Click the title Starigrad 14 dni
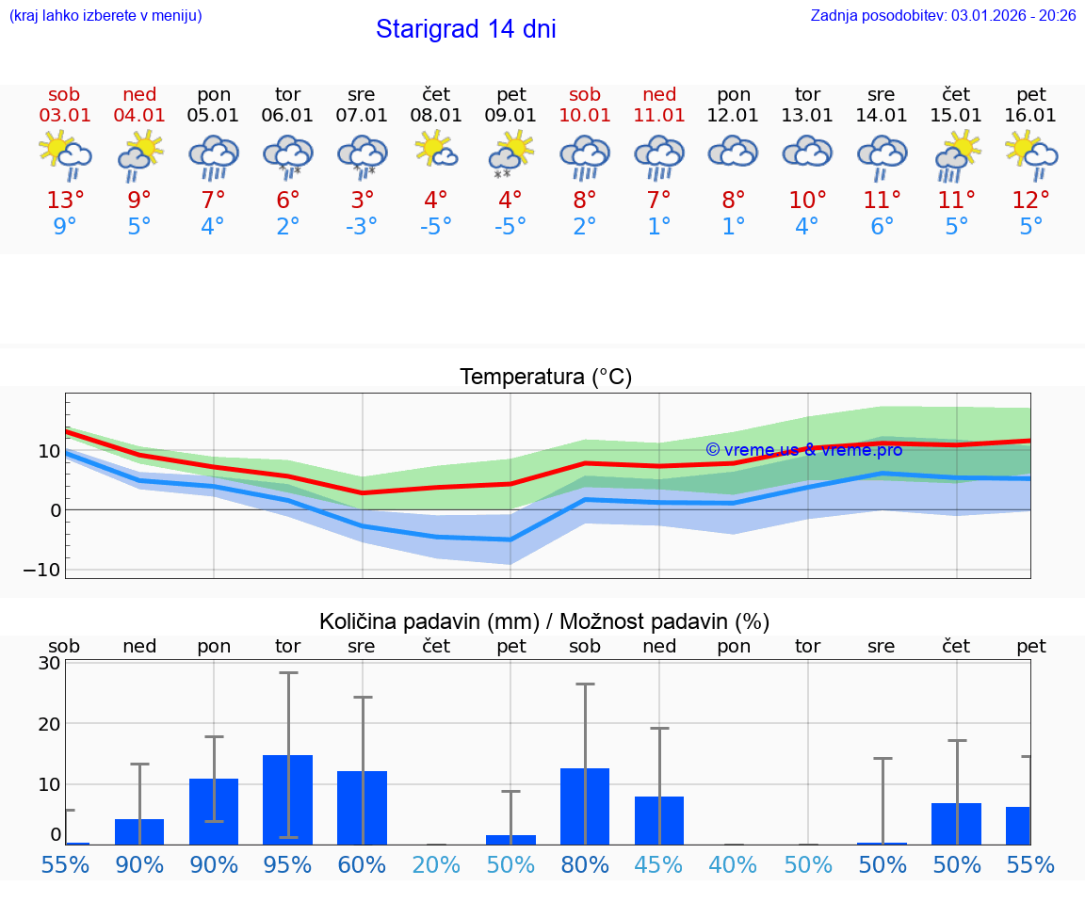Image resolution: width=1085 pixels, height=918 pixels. [465, 29]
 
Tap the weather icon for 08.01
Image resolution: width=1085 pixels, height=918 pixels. [436, 151]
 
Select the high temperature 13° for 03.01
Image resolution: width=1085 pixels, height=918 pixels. [65, 201]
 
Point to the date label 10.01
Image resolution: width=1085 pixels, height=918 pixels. [585, 116]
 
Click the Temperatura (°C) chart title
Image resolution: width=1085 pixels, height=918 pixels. [545, 378]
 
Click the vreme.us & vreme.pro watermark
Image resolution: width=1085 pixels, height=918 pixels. [804, 450]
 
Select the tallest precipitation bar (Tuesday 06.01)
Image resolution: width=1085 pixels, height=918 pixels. [287, 799]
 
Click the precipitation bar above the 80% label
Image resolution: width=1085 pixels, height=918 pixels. [585, 806]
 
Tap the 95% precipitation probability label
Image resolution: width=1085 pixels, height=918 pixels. [287, 865]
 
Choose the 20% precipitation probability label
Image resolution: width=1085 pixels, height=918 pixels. [436, 865]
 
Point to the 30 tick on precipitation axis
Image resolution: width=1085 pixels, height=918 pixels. [49, 663]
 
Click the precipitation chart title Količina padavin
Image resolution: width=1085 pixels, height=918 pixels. [544, 621]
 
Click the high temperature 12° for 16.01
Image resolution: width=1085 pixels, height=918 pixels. [1031, 201]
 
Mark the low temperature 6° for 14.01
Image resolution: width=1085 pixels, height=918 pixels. [882, 227]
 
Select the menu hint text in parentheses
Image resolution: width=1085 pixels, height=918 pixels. [105, 15]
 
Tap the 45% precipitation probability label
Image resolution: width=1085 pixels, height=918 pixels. [659, 865]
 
